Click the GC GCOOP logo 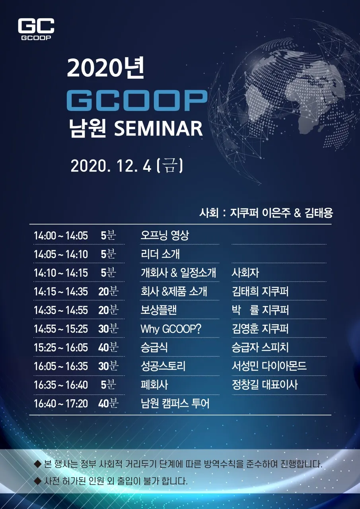tap(36, 29)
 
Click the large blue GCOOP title tap(137, 101)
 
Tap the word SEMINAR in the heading tap(158, 128)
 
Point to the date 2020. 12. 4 tap(111, 166)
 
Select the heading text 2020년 tap(106, 68)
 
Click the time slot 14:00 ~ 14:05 tap(61, 236)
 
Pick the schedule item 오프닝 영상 tap(165, 235)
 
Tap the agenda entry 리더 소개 tap(160, 254)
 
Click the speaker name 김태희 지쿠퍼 tap(260, 291)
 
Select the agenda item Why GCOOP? tap(171, 329)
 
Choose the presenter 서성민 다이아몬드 tap(269, 366)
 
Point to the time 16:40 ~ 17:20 tap(61, 404)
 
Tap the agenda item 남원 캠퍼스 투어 tap(175, 404)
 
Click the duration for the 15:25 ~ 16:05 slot tap(109, 348)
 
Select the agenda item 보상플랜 tap(159, 310)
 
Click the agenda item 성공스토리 tap(163, 366)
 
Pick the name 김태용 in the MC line tap(319, 213)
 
